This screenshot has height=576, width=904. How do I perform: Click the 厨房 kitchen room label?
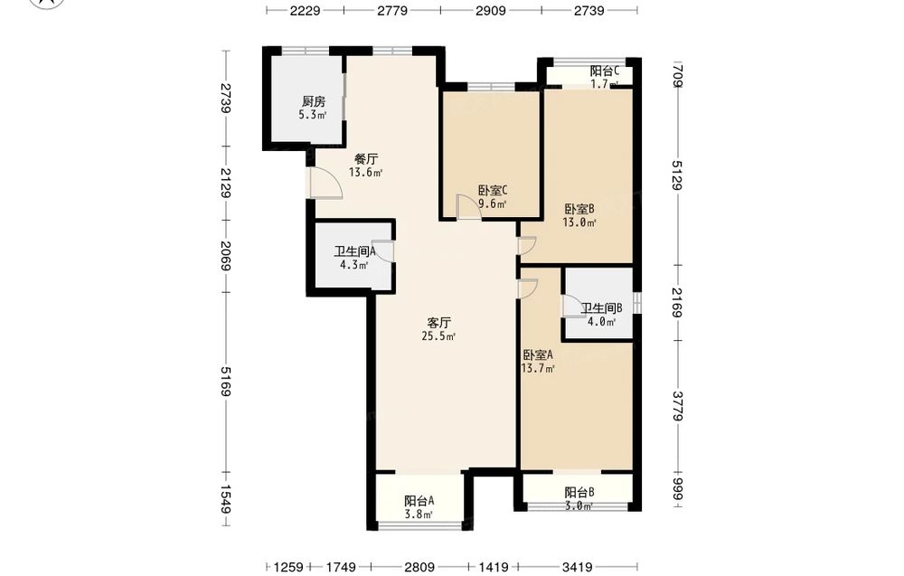click(314, 101)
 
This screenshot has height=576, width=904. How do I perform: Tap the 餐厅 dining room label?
click(365, 158)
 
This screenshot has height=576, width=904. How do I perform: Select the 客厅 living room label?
click(438, 323)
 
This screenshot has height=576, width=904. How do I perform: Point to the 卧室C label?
click(493, 190)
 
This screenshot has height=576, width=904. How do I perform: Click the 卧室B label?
click(579, 209)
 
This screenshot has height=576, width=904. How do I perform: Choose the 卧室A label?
click(538, 355)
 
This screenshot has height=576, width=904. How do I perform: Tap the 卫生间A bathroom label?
click(354, 251)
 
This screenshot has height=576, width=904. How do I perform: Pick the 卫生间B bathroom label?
click(601, 308)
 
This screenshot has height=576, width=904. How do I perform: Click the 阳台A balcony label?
click(419, 501)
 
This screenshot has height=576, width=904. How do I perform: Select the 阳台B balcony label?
click(579, 493)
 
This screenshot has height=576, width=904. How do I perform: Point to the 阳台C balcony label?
click(604, 71)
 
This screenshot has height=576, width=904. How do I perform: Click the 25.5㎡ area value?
click(438, 336)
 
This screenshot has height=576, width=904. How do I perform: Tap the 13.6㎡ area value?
click(365, 172)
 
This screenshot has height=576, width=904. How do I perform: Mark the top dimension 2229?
click(305, 10)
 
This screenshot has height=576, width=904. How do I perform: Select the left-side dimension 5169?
click(224, 381)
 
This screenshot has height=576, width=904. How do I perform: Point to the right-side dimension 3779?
click(677, 407)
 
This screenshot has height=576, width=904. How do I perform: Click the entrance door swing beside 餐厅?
click(325, 184)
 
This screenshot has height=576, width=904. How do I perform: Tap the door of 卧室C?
click(468, 207)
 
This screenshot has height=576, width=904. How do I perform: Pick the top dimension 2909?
click(491, 10)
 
